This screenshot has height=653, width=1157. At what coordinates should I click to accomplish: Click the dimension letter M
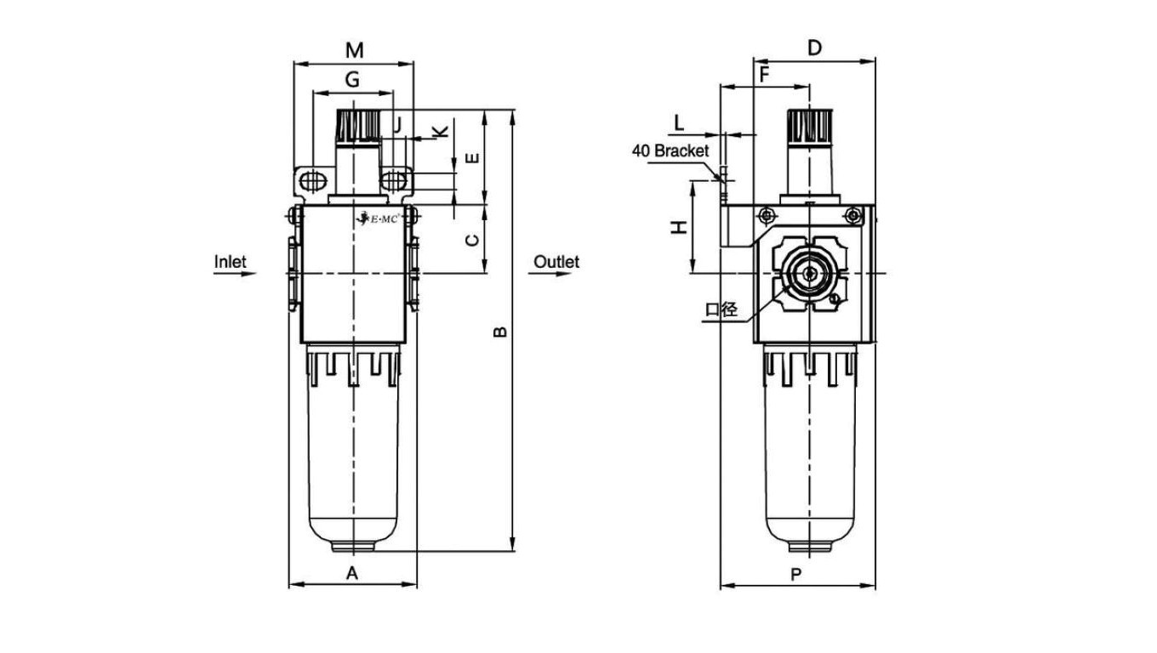click(x=354, y=50)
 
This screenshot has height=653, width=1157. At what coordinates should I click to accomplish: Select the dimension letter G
click(x=352, y=79)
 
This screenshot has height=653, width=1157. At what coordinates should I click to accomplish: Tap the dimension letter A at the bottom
click(x=352, y=573)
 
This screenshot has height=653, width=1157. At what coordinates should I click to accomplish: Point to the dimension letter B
click(x=501, y=331)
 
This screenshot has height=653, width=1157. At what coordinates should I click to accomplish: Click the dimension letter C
click(x=473, y=241)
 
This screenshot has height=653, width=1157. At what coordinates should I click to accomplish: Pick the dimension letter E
click(x=473, y=158)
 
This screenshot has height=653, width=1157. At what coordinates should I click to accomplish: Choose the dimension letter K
click(x=440, y=132)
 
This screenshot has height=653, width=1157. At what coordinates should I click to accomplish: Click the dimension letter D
click(x=814, y=48)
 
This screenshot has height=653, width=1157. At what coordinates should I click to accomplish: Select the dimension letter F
click(x=764, y=75)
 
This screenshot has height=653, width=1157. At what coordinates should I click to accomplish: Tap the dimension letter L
click(x=678, y=122)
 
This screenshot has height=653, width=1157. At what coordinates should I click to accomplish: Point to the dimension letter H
click(x=678, y=228)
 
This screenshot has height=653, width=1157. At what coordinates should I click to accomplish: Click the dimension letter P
click(x=796, y=575)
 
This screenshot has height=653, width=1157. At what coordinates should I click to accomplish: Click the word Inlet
click(x=230, y=261)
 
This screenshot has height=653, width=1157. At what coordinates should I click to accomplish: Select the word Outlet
click(x=556, y=261)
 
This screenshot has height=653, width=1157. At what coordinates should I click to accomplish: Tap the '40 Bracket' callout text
click(x=670, y=150)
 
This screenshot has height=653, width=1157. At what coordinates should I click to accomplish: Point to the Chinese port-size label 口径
click(x=721, y=309)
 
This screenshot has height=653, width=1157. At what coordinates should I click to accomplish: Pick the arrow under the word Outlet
click(x=549, y=274)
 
